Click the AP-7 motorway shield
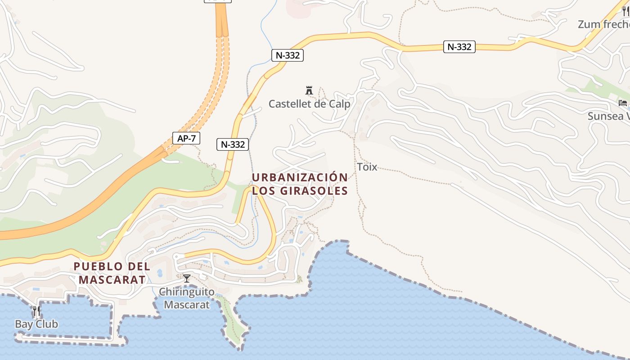[186, 138]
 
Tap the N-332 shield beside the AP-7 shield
[233, 144]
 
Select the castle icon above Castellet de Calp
[309, 90]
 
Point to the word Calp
[340, 104]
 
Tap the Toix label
[367, 167]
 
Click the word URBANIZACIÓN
[300, 177]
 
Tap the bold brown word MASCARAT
[112, 280]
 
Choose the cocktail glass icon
[187, 279]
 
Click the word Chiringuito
[187, 292]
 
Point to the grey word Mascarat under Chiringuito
[187, 305]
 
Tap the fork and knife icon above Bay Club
[36, 311]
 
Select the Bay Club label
[36, 324]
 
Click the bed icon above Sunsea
[623, 103]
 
